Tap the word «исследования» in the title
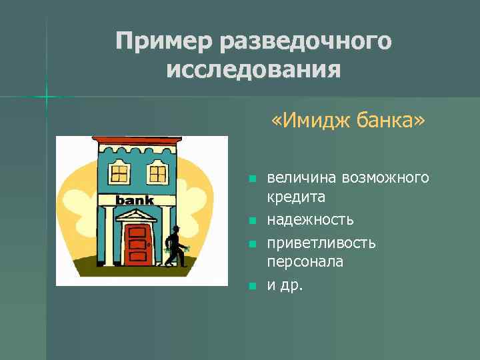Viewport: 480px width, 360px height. point(253,69)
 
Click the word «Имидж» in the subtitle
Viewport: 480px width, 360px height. point(311,122)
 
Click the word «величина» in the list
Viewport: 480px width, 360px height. point(301,178)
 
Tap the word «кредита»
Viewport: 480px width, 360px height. point(296,197)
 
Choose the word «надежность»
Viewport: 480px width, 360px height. point(310,219)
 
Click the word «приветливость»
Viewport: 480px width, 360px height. point(321,243)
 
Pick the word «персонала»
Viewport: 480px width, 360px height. point(305,262)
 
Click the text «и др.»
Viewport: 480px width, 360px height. point(285,287)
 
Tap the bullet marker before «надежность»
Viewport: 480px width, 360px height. point(251,220)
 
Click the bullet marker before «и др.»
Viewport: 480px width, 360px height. point(251,287)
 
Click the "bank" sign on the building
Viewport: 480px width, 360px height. point(135,200)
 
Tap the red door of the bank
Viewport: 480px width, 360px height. point(137,243)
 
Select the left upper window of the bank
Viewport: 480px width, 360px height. point(119,175)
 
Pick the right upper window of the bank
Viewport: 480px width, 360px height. point(157,175)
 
